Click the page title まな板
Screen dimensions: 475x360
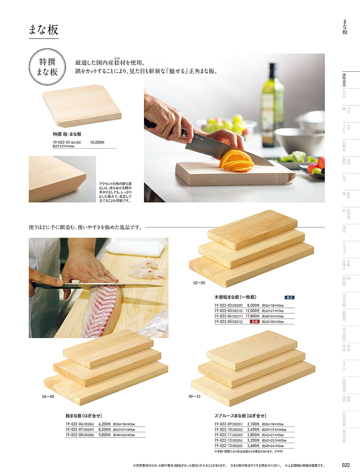coord(43,30)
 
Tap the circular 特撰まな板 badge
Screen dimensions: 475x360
coord(47,67)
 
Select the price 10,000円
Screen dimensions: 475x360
coord(97,142)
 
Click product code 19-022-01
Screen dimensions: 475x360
coord(61,142)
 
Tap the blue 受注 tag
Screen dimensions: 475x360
coord(289,297)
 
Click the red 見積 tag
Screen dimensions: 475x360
coord(254,321)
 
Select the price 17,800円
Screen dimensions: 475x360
coord(252,316)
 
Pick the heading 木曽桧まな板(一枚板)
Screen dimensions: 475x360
coord(235,297)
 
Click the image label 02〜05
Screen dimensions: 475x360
coord(199,283)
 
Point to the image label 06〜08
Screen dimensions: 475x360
coord(48,396)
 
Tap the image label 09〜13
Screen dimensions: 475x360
coord(194,396)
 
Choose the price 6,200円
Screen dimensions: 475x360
coord(105,424)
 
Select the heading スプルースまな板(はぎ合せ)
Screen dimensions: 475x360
coord(240,416)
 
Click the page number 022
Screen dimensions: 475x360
coord(346,465)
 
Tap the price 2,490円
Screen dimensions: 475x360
coord(253,430)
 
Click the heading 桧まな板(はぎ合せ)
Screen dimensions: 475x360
coord(84,416)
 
